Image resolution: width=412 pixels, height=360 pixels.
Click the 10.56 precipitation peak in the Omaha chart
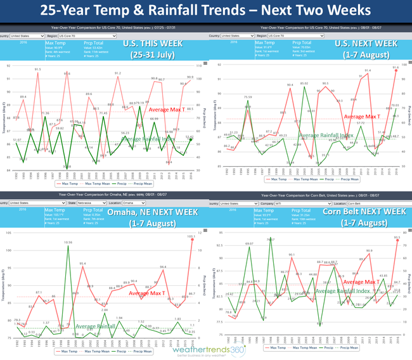[x=68, y=245]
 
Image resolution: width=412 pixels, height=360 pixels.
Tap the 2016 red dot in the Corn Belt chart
[x=397, y=241]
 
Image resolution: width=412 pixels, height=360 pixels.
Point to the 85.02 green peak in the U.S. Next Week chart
[x=305, y=87]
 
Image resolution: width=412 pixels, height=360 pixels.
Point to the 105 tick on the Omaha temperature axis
[x=7, y=234]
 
